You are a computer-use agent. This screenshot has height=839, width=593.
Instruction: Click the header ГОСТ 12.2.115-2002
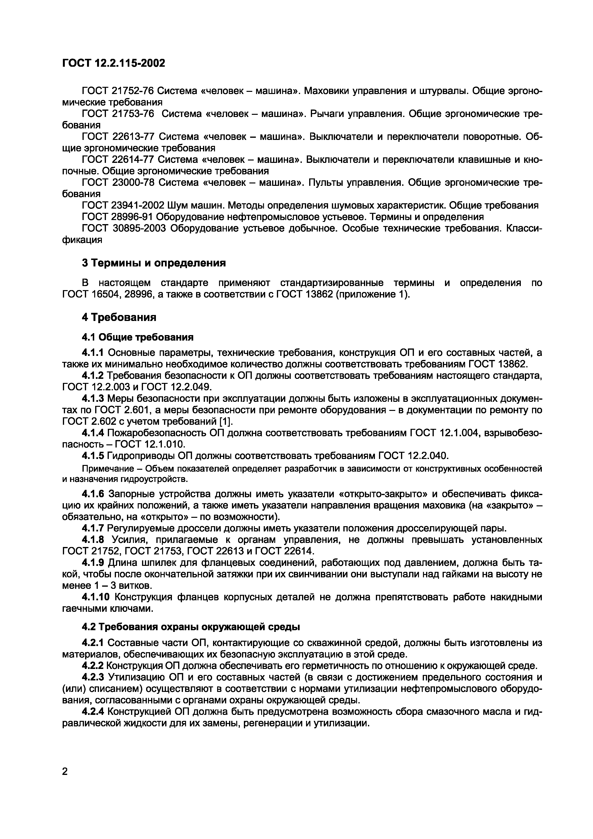(114, 63)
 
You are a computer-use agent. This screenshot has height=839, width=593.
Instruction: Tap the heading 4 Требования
(119, 317)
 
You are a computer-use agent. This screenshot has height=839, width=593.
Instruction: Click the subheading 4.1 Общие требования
(137, 337)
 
